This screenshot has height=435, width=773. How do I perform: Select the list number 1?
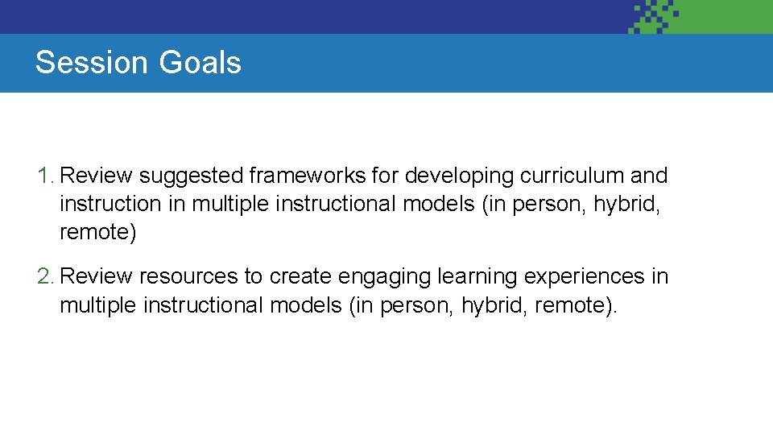45,176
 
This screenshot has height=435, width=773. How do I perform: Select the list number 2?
45,277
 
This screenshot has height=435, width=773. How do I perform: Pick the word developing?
460,176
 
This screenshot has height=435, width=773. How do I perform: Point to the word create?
300,277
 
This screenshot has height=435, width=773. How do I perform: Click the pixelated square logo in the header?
654,16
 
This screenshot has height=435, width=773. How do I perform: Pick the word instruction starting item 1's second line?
110,205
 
